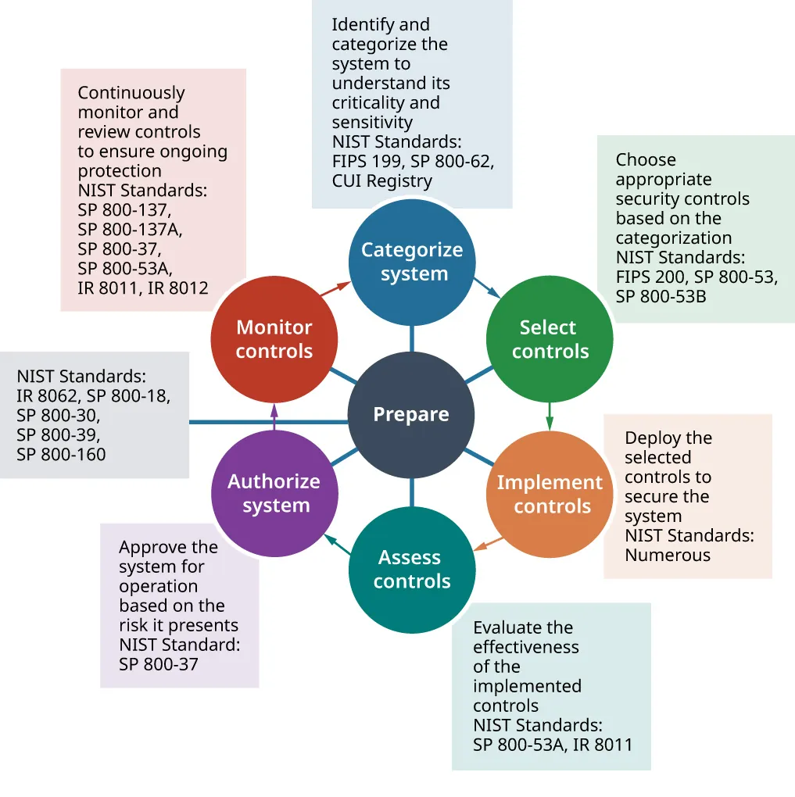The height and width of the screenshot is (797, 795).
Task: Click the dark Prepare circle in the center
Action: (x=411, y=415)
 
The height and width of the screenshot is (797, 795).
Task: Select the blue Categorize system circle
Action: (x=411, y=262)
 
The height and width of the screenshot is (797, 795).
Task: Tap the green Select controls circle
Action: (x=550, y=339)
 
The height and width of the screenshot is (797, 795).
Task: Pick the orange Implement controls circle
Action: (x=550, y=494)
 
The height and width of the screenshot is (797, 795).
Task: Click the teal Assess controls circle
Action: (x=411, y=570)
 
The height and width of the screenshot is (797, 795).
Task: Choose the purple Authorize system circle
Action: (x=274, y=493)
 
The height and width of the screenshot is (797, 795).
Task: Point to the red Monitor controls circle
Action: (x=274, y=339)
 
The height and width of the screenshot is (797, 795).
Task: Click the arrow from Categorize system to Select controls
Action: (x=488, y=288)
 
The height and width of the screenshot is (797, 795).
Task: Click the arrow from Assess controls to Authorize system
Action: (x=337, y=544)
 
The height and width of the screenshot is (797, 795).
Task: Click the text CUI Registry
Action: (x=381, y=181)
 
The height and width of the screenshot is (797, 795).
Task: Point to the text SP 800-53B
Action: (x=661, y=296)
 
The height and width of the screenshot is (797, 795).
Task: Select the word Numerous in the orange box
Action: (x=667, y=556)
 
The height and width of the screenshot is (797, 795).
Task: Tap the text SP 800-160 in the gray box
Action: (x=61, y=454)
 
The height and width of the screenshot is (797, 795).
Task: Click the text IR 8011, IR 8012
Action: (x=143, y=288)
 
